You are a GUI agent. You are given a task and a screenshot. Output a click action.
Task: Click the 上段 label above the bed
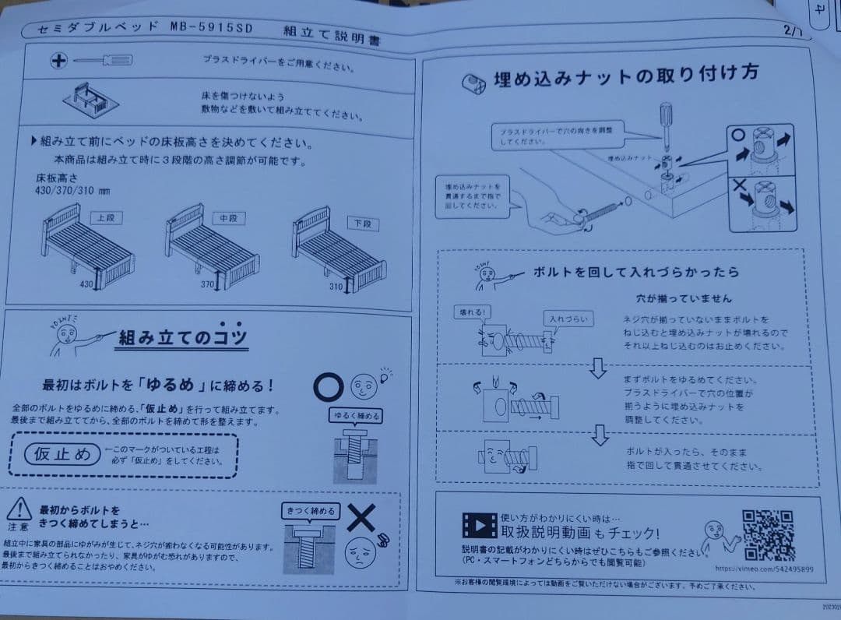(x=105, y=217)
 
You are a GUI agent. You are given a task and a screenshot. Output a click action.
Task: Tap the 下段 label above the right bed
(x=362, y=224)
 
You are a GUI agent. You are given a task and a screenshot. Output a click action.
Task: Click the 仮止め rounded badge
(x=62, y=453)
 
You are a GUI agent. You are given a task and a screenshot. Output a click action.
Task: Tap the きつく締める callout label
(x=311, y=511)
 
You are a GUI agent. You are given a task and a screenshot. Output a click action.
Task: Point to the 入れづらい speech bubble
(x=567, y=319)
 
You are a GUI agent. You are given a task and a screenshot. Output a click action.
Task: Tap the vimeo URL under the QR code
(x=762, y=569)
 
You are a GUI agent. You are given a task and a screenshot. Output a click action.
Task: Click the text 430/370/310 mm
(x=72, y=190)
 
